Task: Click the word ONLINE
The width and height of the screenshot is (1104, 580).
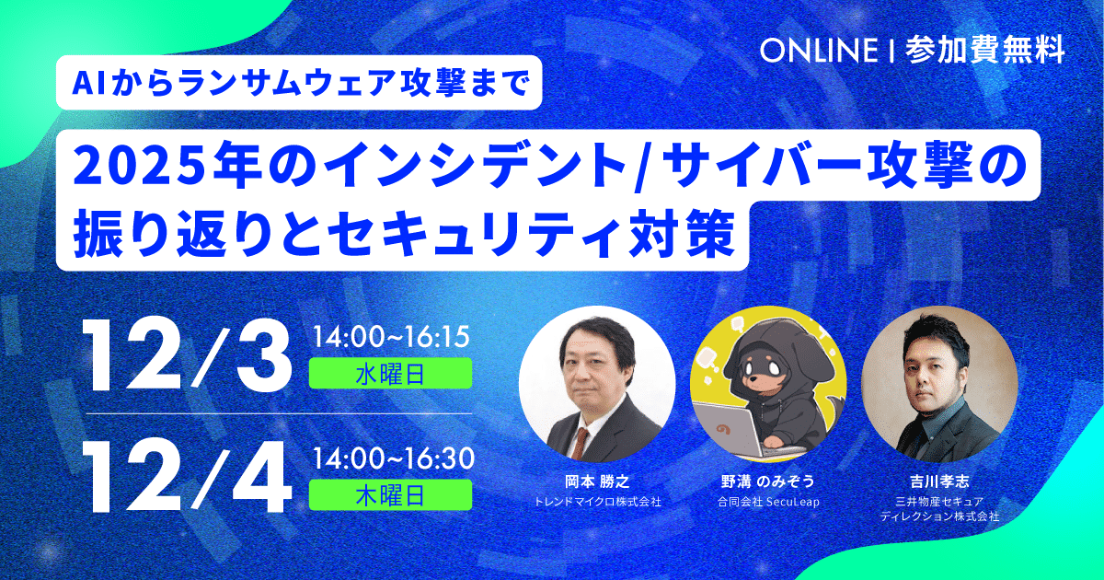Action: pyautogui.click(x=819, y=51)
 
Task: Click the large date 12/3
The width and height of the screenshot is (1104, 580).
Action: pyautogui.click(x=188, y=356)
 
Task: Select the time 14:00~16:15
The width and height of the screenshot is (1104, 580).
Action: pyautogui.click(x=391, y=338)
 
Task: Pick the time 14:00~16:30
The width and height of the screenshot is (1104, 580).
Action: pyautogui.click(x=394, y=458)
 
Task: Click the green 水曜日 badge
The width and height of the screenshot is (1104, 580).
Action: pyautogui.click(x=390, y=374)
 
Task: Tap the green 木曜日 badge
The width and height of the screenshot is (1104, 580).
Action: pyautogui.click(x=390, y=495)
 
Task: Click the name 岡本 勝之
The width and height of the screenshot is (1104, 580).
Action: pyautogui.click(x=597, y=481)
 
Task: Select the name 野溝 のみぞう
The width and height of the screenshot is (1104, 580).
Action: pyautogui.click(x=768, y=481)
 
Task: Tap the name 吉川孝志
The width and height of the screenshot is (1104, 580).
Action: pyautogui.click(x=939, y=481)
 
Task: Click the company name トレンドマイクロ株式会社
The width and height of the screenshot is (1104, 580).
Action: pyautogui.click(x=597, y=502)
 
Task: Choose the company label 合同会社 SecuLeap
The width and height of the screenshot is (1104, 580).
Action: pyautogui.click(x=768, y=502)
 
